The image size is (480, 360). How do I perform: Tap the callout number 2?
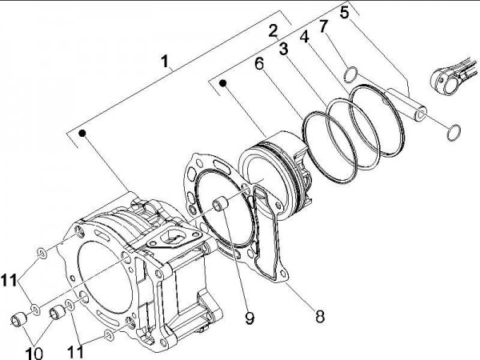pos(273,31)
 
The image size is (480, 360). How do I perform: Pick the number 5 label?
pos(345,12)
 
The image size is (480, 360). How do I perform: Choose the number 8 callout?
pos(319,315)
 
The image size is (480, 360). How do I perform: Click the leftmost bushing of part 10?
pos(17,321)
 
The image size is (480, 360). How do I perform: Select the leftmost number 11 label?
pos(8,280)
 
